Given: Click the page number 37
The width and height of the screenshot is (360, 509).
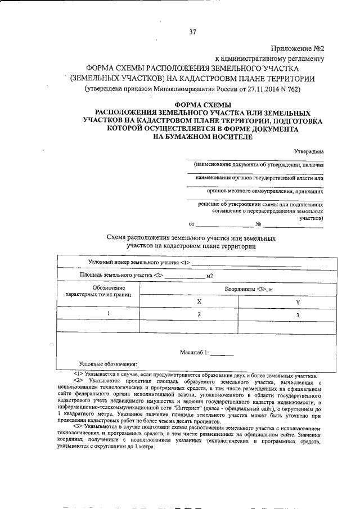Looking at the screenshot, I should tap(192, 32).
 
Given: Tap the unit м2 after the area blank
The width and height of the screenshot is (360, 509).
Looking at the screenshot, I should tap(210, 276).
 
